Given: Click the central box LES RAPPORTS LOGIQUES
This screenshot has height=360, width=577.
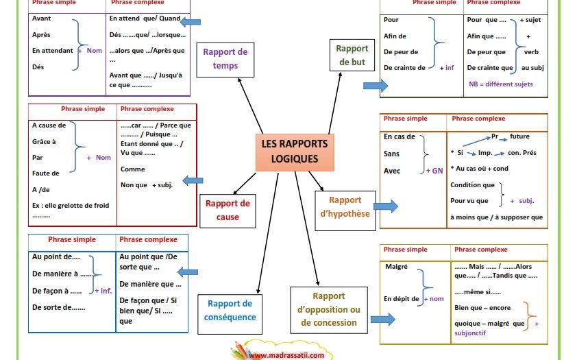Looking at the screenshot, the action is pos(295,152).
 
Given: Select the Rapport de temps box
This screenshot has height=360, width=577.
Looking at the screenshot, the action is pos(225,60).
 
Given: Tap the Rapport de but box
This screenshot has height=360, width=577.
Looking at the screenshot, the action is pos(352,55).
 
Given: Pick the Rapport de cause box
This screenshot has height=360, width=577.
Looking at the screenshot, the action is pos(228,211).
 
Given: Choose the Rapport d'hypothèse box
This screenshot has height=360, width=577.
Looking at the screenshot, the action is pos(345,211).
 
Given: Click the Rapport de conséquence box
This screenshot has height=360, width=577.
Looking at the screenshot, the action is pos(230,314).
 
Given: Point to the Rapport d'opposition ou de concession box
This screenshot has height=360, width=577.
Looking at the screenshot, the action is pos(329,310).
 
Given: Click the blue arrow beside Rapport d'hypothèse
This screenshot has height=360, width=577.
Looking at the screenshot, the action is pos(386,206).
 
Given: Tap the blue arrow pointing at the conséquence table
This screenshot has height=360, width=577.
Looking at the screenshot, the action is pos(188,272).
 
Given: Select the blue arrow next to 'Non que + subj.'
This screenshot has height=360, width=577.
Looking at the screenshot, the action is pos(193,180).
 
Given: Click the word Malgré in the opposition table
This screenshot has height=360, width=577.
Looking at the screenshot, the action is pos(396,267).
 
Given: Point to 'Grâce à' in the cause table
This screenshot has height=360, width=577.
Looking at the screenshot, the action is pos(44,142).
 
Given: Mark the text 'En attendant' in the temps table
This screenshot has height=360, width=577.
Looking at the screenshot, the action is pos(53,51).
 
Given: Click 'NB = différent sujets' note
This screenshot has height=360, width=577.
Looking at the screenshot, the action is pos(501,84).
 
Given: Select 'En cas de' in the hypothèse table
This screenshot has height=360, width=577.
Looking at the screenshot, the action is pos(400,136).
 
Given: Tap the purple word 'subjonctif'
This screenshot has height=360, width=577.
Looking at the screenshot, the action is pos(470,333).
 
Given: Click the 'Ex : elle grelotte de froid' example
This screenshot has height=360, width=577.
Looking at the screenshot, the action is pos(71,206).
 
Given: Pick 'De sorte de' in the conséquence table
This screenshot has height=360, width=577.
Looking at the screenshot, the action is pos(58,307).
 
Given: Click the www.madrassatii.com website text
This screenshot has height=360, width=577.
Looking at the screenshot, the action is pos(286,356).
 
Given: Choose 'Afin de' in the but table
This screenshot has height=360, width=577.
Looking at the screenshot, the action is pos(395,36).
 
